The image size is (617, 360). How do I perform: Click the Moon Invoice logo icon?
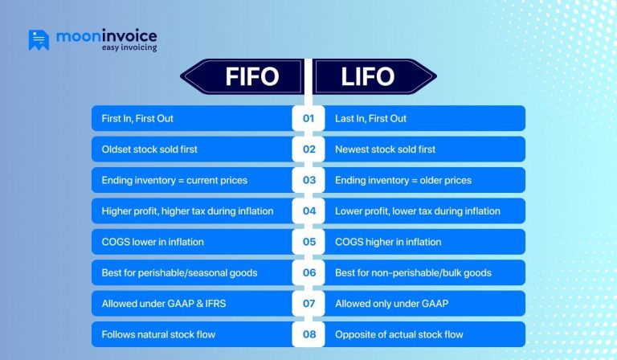[x=39, y=40]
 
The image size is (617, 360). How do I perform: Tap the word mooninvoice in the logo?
[x=106, y=35]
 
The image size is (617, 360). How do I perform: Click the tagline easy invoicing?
[x=129, y=48]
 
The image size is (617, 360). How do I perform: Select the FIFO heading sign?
[x=242, y=77]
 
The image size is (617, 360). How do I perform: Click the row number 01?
[x=308, y=118]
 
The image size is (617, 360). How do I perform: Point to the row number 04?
[x=308, y=211]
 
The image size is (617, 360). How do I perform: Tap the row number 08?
[x=308, y=334]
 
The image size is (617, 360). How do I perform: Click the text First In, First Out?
[x=137, y=118]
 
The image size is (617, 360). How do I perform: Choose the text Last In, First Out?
[x=370, y=118]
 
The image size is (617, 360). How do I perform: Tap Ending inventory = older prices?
[x=402, y=180]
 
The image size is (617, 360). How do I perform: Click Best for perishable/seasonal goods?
[x=179, y=272]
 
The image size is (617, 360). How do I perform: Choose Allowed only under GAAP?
[x=390, y=304]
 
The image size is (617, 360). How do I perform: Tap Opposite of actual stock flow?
[x=398, y=334]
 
